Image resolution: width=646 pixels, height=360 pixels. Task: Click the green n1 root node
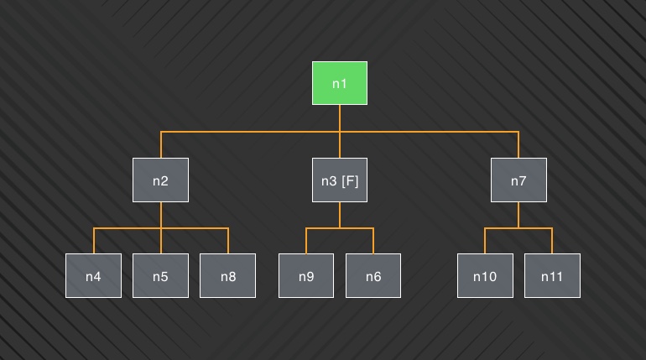[x=340, y=83]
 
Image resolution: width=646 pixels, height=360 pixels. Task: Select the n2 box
[x=161, y=180]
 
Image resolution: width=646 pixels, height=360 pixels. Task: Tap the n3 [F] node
[x=340, y=180]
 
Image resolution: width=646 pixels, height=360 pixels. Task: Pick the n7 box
[x=518, y=180]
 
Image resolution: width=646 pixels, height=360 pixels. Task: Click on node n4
[x=93, y=275]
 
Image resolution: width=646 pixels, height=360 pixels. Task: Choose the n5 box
[x=161, y=275]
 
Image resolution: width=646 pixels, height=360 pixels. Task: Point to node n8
[x=228, y=275]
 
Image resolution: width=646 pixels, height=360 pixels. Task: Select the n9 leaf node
[x=306, y=275]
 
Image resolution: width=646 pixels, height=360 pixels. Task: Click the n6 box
[x=373, y=275]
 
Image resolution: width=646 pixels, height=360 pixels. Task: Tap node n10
[x=485, y=275]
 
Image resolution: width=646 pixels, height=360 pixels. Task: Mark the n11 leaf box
[x=552, y=275]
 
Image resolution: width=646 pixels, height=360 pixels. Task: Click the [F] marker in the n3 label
[x=350, y=180]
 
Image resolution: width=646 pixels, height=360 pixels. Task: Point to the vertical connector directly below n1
[x=340, y=118]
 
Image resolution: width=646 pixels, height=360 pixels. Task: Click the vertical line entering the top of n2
[x=161, y=144]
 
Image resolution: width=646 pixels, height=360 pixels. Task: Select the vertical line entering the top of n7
[x=518, y=144]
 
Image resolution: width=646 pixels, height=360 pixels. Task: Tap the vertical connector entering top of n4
[x=93, y=241]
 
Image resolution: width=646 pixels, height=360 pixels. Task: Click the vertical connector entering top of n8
[x=228, y=241]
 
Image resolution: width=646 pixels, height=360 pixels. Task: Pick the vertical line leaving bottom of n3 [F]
[x=340, y=215]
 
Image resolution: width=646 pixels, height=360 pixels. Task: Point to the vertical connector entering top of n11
[x=552, y=241]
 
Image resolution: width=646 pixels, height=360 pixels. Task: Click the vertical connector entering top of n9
[x=306, y=241]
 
